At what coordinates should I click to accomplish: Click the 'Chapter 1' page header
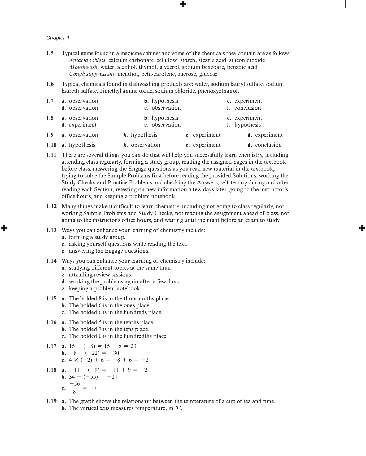pyautogui.click(x=58, y=38)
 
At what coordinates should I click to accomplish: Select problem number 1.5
pyautogui.click(x=50, y=53)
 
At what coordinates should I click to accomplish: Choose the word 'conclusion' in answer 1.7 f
pyautogui.click(x=247, y=108)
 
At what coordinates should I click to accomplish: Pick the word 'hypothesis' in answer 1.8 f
pyautogui.click(x=247, y=125)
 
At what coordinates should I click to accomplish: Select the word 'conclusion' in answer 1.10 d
pyautogui.click(x=268, y=145)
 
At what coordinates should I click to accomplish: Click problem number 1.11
pyautogui.click(x=51, y=155)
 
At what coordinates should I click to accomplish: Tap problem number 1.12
pyautogui.click(x=51, y=206)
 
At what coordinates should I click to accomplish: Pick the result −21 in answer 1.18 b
pyautogui.click(x=112, y=377)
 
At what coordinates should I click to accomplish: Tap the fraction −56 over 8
pyautogui.click(x=75, y=388)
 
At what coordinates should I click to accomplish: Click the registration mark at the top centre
pyautogui.click(x=183, y=4)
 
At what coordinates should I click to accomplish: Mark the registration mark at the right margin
pyautogui.click(x=362, y=228)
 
